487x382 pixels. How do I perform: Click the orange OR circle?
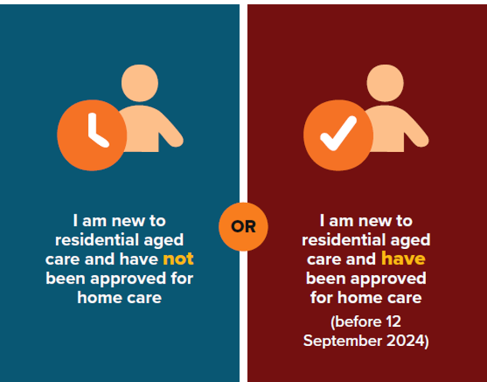(x=243, y=226)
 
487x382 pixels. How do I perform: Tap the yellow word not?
(x=178, y=259)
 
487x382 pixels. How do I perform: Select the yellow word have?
(x=403, y=258)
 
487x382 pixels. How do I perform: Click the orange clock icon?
(x=92, y=135)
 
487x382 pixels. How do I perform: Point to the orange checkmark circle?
(x=338, y=135)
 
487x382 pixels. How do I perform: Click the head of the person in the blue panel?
(x=140, y=83)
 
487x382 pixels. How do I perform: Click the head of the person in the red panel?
(x=385, y=83)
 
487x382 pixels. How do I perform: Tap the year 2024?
(x=406, y=341)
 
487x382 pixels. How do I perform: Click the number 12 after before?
(x=394, y=321)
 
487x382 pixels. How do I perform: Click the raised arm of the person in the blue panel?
(x=169, y=131)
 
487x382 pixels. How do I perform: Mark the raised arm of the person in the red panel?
(x=415, y=131)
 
